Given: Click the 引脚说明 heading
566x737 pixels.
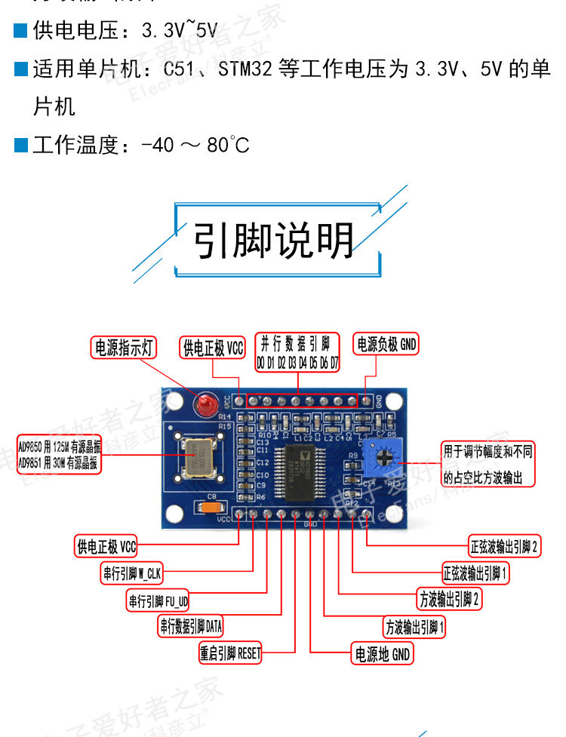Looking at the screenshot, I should [275, 240].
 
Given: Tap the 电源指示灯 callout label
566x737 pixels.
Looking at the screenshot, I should [123, 347].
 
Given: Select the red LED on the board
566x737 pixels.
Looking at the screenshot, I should [203, 407].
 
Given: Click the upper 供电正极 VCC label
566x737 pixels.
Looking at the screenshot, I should [214, 347].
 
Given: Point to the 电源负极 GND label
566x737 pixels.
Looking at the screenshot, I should [386, 345].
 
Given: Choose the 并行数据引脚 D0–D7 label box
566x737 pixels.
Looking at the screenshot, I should [298, 352].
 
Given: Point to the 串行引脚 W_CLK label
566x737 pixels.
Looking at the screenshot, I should [132, 573].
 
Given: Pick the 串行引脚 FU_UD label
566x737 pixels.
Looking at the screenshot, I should [158, 600].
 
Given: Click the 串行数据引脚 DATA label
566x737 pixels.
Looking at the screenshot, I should [191, 626].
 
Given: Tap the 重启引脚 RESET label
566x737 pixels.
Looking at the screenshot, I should [230, 653].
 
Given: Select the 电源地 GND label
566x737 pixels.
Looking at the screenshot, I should [383, 654].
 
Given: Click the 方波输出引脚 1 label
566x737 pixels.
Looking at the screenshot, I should [415, 627].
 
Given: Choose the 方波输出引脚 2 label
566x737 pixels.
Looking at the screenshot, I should [450, 600].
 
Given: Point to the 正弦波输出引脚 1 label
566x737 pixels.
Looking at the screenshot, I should [475, 573].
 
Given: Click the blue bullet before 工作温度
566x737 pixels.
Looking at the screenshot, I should [21, 143].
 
